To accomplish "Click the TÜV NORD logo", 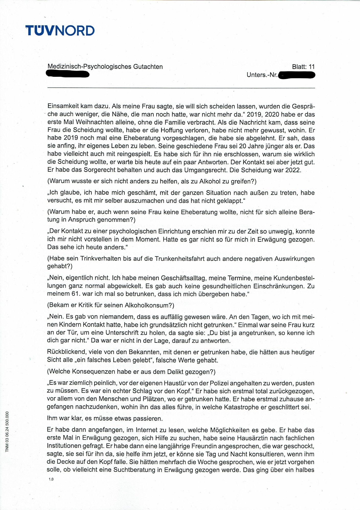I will pos(60,31).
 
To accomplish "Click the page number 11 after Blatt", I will pos(311,67).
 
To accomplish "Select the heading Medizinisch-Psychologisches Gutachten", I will pos(105,67).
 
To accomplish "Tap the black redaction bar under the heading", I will pos(68,74).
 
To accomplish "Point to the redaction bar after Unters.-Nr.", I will pos(297,75).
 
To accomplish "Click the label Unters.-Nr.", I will pos(262,75).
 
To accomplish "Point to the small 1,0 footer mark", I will pos(51,479).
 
